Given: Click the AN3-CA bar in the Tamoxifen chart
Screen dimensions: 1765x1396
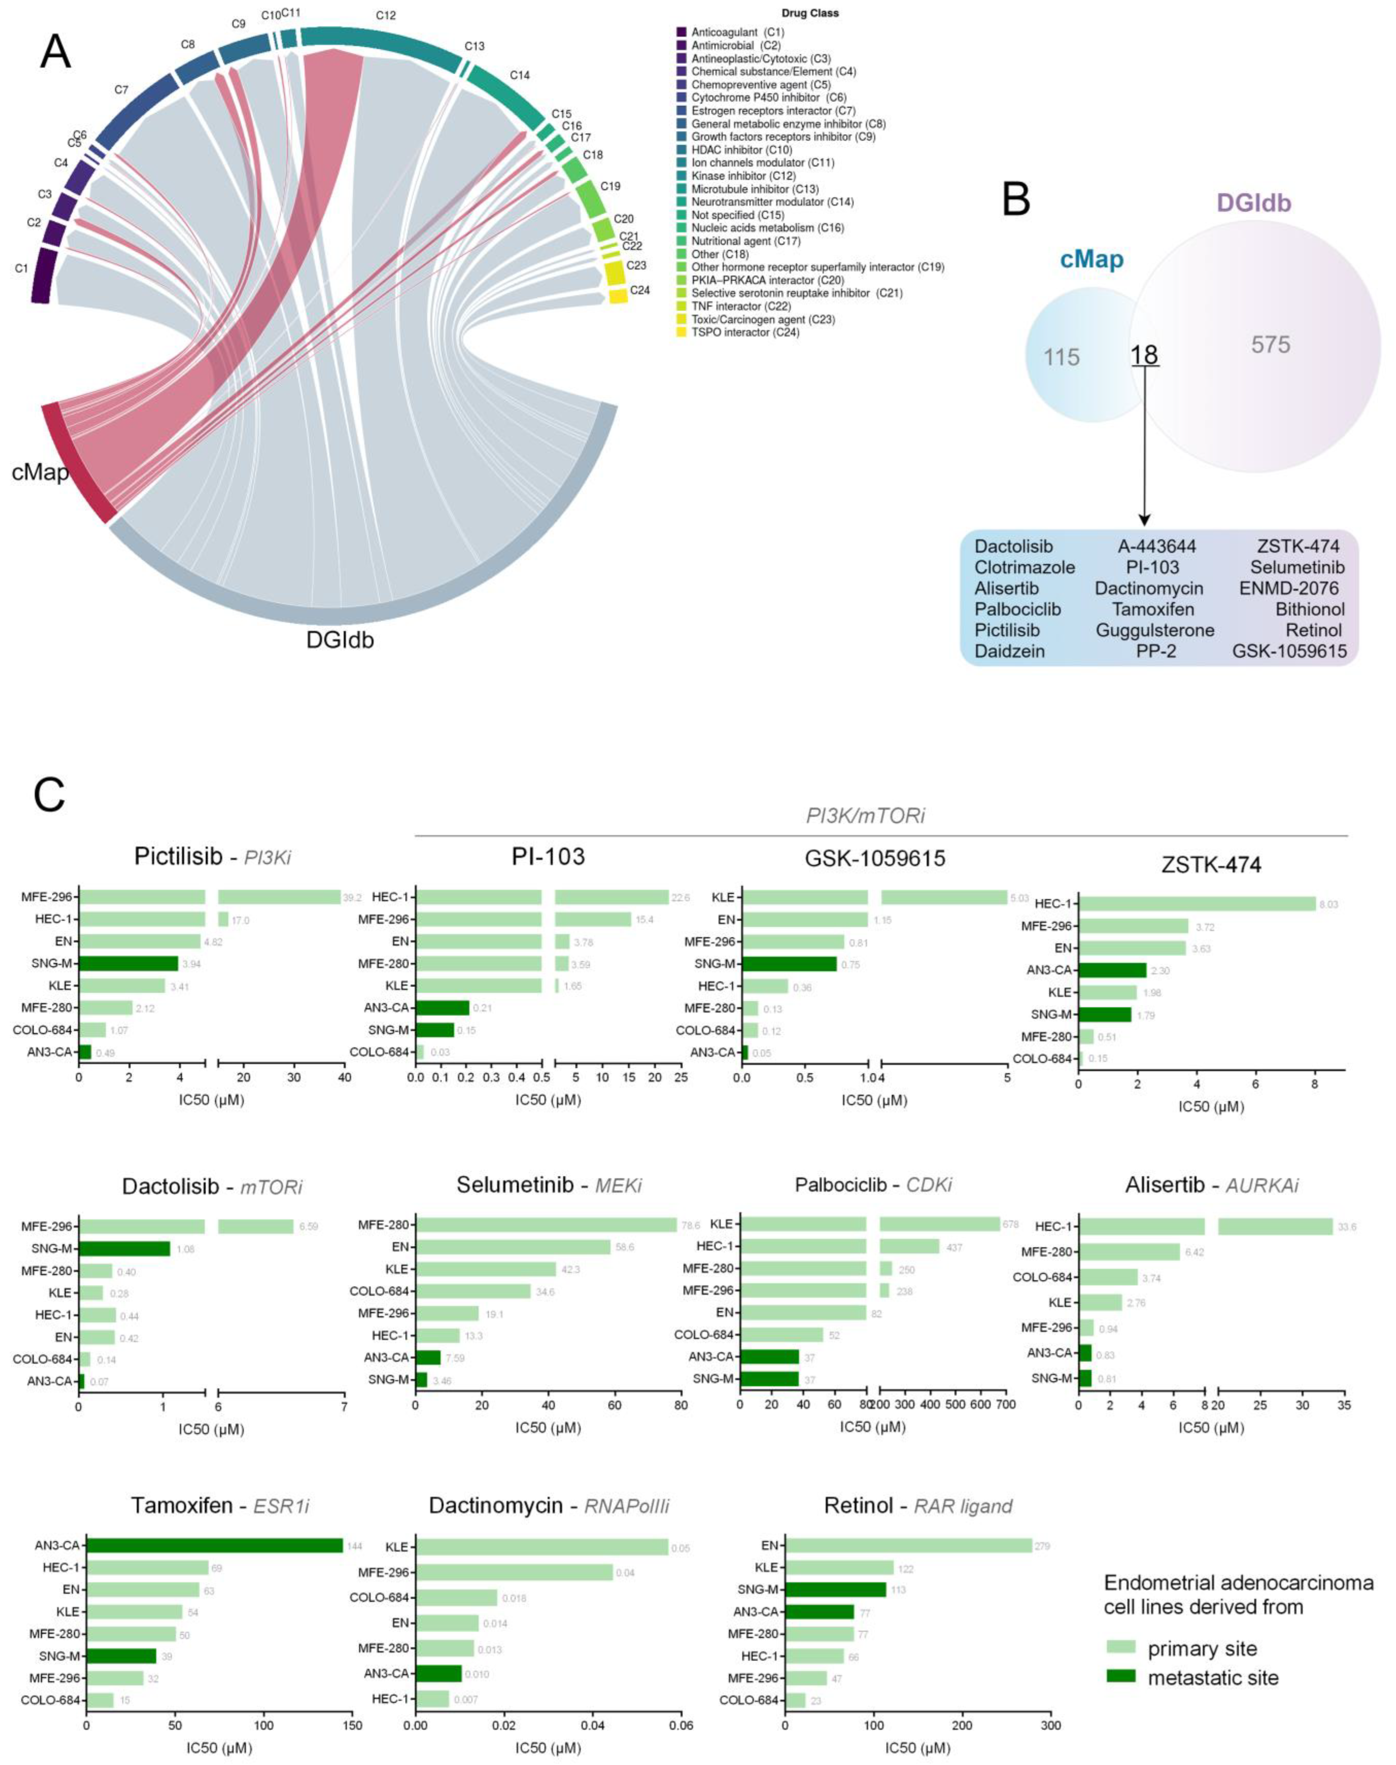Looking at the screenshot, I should (x=214, y=1545).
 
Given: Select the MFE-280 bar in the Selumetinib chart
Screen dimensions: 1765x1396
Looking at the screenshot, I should (x=546, y=1225).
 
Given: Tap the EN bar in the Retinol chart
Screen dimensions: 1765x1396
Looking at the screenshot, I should (x=908, y=1545).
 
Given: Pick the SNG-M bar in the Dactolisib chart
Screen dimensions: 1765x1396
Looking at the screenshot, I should (x=124, y=1249).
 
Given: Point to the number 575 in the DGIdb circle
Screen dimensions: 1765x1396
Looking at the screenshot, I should (x=1270, y=345).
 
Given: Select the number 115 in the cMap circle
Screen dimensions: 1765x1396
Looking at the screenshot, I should (x=1061, y=357).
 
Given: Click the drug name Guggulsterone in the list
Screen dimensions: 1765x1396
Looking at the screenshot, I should (x=1155, y=630).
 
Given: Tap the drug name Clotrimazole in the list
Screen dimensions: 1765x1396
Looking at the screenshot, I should (x=1024, y=567).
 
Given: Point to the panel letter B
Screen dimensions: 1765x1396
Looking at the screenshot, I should (x=1016, y=199).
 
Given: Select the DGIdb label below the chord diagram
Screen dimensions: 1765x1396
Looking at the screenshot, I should (x=340, y=639).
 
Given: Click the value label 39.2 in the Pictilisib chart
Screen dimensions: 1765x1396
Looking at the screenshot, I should (x=352, y=897).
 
